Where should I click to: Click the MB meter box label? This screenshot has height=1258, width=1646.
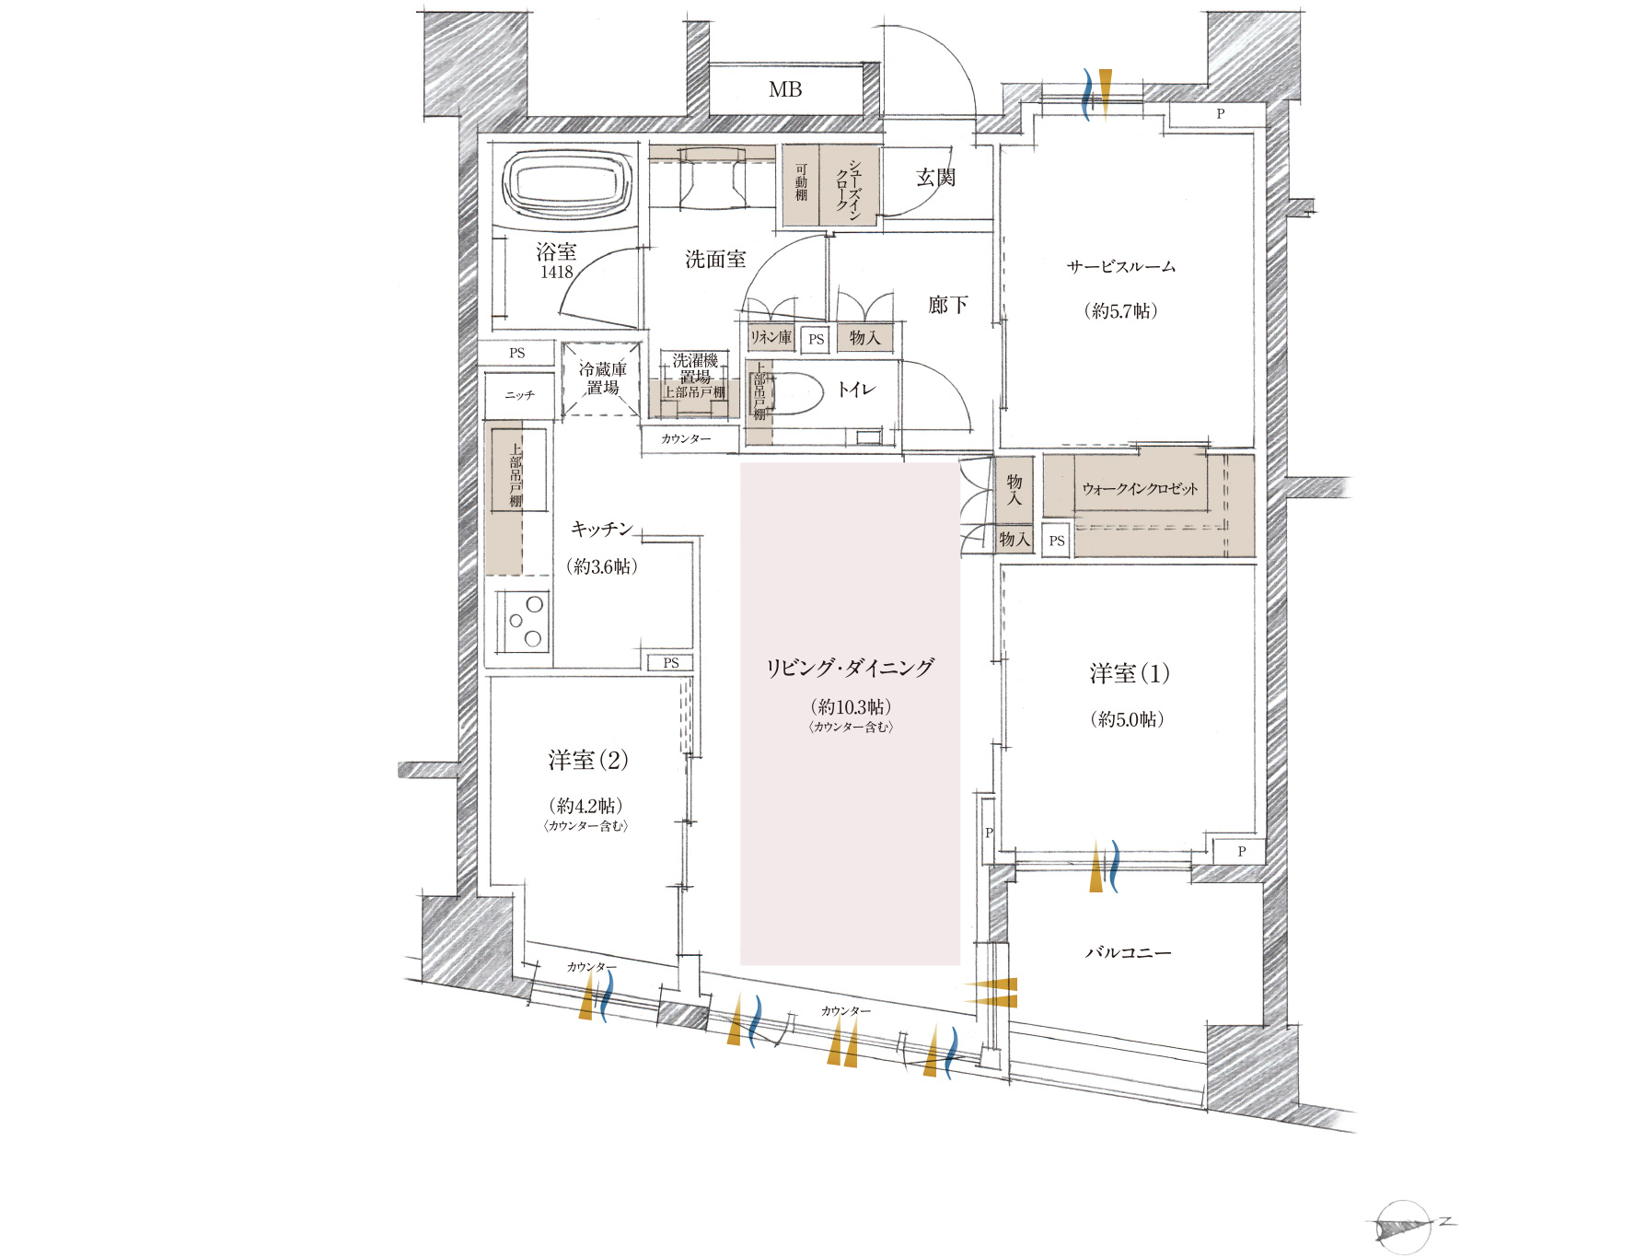coord(785,89)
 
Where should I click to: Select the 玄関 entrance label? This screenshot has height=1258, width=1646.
coord(935,177)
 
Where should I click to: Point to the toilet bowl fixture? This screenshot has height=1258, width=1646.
coord(794,393)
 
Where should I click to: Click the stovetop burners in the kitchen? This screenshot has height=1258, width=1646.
coord(525,621)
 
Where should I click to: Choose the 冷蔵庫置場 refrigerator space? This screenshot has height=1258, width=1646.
coord(603,379)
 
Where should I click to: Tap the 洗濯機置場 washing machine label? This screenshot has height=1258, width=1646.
coord(695,368)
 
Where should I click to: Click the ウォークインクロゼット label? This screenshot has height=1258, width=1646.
coord(1140,488)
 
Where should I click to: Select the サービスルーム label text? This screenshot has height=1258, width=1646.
coord(1121,266)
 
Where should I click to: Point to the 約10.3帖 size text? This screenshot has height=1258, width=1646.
coord(851,706)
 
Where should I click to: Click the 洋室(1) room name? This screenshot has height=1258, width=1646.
coord(1130,673)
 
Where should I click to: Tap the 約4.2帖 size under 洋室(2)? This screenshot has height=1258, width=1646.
coord(585,806)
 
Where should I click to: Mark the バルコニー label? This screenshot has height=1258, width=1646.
coord(1128,952)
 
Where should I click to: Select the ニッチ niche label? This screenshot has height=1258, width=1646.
coord(519,395)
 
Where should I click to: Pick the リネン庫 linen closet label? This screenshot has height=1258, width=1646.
coord(771,337)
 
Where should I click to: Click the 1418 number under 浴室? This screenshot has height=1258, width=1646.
coord(556,273)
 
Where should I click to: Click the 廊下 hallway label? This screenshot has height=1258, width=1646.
coord(947,304)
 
